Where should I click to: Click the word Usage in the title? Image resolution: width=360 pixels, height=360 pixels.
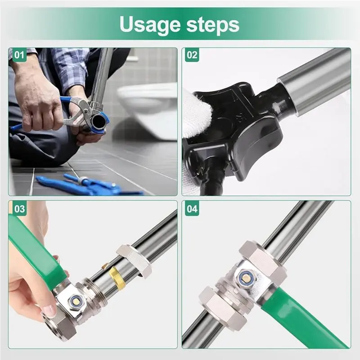[x=150, y=25]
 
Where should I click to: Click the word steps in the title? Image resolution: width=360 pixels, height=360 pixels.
[x=213, y=24]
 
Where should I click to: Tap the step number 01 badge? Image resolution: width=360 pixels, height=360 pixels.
[x=19, y=55]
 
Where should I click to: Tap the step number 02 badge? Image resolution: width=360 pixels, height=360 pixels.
[x=192, y=55]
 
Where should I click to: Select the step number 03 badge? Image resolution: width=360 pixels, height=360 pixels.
[x=19, y=209]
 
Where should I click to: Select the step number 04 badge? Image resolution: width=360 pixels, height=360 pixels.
[x=192, y=209]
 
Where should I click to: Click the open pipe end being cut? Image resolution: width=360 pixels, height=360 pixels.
[x=98, y=120]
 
